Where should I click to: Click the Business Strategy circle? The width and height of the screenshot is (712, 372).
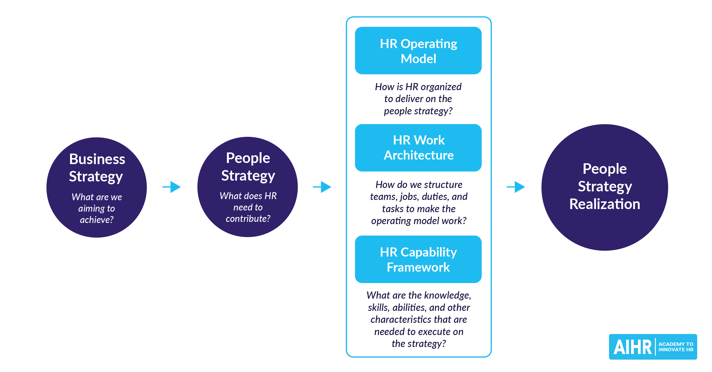pyautogui.click(x=97, y=187)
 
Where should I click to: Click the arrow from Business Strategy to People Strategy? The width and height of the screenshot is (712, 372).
pyautogui.click(x=172, y=187)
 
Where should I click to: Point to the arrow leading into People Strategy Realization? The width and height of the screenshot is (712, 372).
pyautogui.click(x=516, y=187)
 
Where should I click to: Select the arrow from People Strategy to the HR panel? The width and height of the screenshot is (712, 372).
pyautogui.click(x=322, y=187)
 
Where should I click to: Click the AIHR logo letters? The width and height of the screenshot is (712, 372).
pyautogui.click(x=632, y=347)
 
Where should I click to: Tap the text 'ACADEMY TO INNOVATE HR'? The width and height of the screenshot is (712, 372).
pyautogui.click(x=676, y=347)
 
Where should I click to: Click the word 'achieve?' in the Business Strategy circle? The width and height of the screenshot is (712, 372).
pyautogui.click(x=97, y=220)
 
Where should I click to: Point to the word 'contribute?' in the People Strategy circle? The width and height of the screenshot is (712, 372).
pyautogui.click(x=248, y=218)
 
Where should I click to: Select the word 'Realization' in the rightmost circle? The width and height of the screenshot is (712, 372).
pyautogui.click(x=604, y=204)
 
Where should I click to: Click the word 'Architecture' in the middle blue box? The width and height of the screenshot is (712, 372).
pyautogui.click(x=418, y=155)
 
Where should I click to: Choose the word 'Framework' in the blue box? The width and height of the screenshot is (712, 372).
pyautogui.click(x=418, y=267)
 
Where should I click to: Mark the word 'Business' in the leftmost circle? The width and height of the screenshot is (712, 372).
pyautogui.click(x=97, y=159)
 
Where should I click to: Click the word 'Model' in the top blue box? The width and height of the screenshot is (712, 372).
pyautogui.click(x=418, y=59)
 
